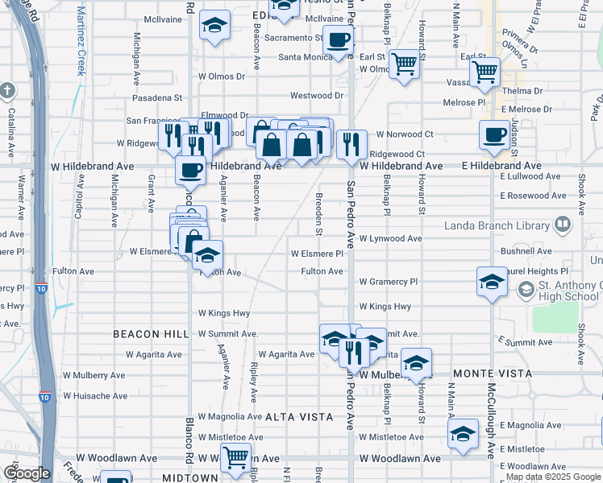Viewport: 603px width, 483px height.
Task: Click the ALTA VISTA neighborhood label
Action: point(299,416)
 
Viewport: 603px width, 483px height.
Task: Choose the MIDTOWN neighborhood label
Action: point(191,477)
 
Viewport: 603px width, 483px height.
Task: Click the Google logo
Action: point(27,474)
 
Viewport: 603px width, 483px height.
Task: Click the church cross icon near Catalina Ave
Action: point(8,90)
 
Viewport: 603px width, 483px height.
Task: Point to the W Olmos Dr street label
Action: point(220,76)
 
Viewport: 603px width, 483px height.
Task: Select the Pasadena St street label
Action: point(152,97)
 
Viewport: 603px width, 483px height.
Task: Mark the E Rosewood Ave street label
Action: point(534,196)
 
